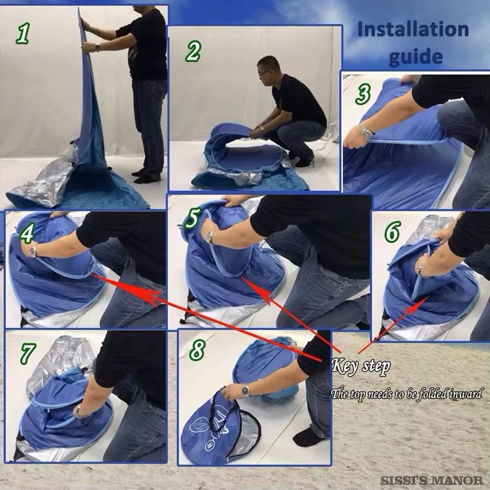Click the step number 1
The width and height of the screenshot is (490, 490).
coord(23,33)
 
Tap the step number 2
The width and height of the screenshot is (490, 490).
coord(193,51)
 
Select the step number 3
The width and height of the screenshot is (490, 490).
coord(363,94)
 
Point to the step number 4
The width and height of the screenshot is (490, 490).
coord(27,233)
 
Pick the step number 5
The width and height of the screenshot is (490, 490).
coord(192,218)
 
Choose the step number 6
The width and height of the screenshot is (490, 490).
coord(392,231)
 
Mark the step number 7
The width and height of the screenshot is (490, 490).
coord(27,353)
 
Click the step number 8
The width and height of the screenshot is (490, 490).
coord(197,350)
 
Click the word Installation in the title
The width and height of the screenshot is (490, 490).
coord(413,29)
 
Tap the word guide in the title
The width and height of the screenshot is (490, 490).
coord(416,56)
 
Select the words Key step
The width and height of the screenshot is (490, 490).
coord(361,366)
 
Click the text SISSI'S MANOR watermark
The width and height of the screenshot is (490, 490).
coord(433,480)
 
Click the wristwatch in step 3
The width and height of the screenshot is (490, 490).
coord(366,131)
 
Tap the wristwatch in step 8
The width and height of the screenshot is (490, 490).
coord(246,390)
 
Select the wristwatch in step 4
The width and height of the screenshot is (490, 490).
coord(33,251)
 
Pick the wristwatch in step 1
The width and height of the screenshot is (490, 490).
coord(97,48)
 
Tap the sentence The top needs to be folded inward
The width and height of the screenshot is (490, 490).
coord(406,394)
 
